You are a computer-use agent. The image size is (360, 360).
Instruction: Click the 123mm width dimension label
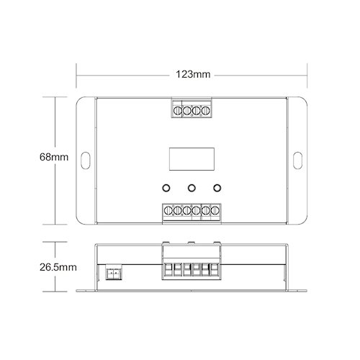coord(193,74)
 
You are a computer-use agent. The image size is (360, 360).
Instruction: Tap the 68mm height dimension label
coord(54,157)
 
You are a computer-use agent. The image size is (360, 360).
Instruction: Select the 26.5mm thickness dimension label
coord(58,267)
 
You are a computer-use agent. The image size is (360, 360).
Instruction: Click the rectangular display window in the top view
coord(192,159)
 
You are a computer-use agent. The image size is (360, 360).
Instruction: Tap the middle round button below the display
coord(192,188)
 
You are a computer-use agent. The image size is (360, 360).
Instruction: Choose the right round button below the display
coord(217,188)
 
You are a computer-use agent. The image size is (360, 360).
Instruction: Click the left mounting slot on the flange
coord(86,161)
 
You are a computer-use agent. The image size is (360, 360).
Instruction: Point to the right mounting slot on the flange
coord(297,161)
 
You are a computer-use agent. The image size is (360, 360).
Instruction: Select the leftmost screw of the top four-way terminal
coord(178,111)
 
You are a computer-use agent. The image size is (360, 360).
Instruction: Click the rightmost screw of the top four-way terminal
coord(206,111)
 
